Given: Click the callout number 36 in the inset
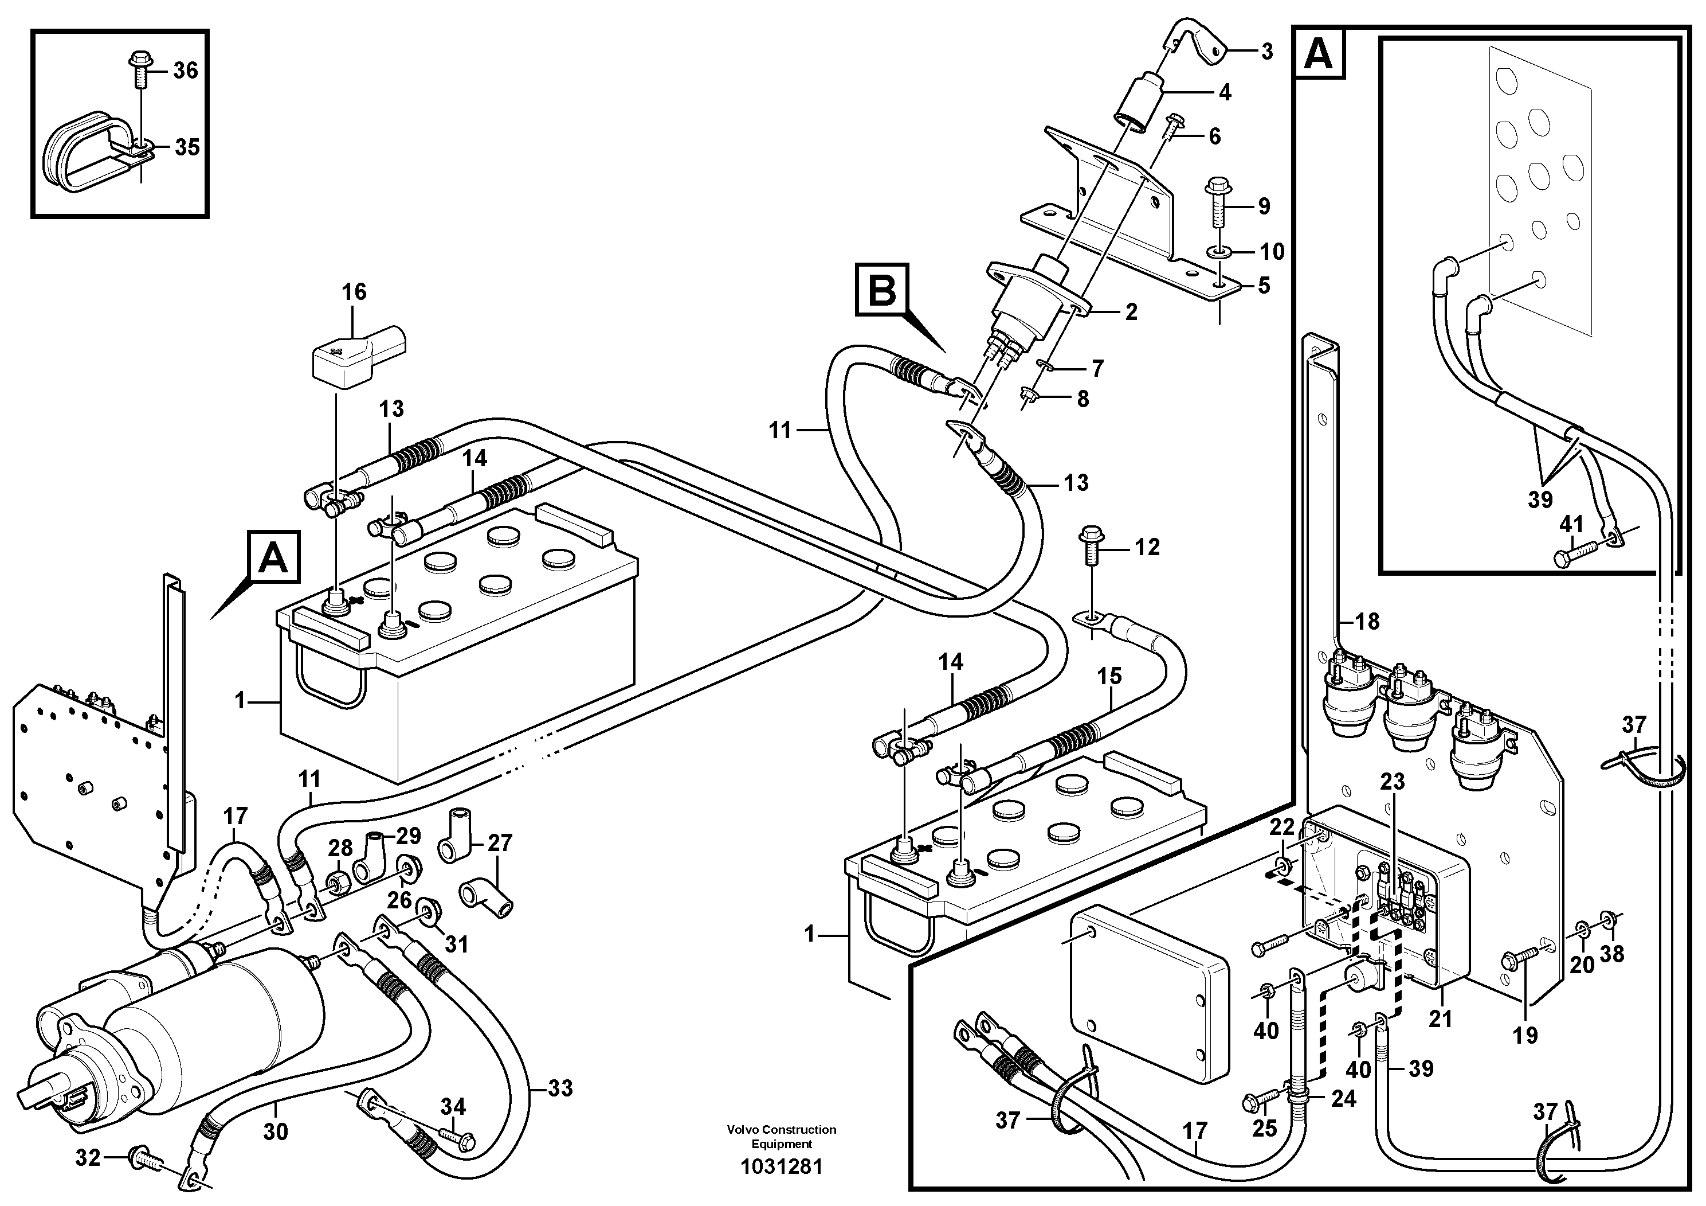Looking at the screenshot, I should (x=185, y=71).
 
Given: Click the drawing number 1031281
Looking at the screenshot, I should (x=782, y=1166).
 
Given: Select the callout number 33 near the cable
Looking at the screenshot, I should (x=560, y=1088).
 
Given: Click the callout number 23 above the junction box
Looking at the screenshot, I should (x=1393, y=782).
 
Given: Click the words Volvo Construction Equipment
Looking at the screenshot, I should (x=782, y=1136).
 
